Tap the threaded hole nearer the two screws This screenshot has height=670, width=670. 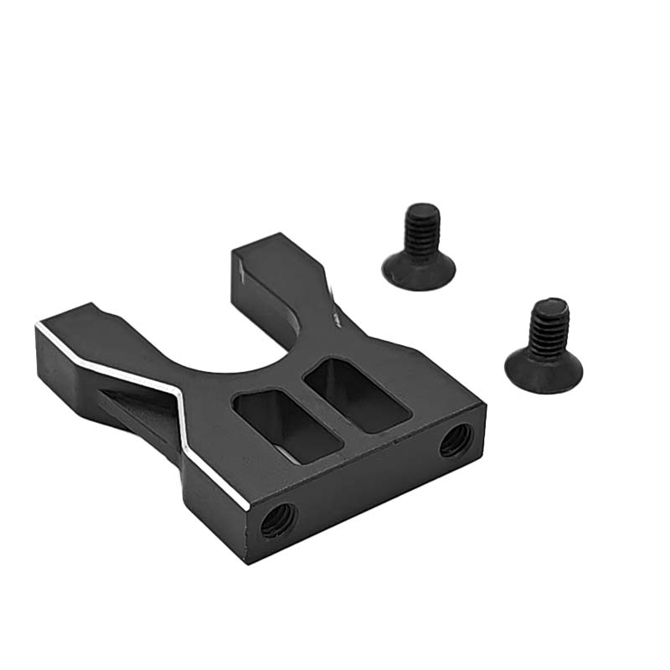click(x=456, y=438)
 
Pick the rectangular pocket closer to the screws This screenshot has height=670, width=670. click(x=357, y=394)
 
